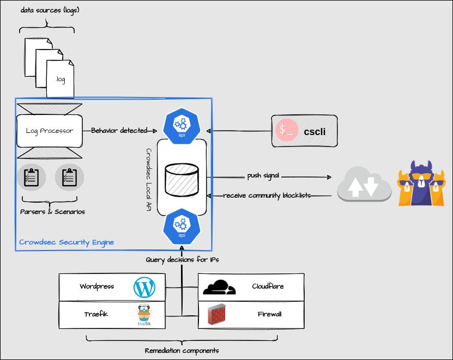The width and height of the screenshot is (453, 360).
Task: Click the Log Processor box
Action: tap(50, 131)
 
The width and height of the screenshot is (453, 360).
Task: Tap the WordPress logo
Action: tap(145, 287)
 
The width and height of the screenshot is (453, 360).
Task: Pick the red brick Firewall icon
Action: tap(217, 314)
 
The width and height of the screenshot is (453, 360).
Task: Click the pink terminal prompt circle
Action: tap(287, 131)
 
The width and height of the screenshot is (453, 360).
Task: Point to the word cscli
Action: tap(315, 131)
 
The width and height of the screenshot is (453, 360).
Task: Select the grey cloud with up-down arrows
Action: tap(364, 185)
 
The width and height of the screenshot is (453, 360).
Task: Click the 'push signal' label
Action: tap(263, 176)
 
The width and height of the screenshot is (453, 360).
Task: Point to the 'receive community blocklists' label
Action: tap(267, 196)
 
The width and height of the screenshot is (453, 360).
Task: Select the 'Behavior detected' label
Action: tap(119, 131)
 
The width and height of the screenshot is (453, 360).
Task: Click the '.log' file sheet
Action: tap(61, 80)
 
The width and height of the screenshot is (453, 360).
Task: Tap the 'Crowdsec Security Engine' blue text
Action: tap(67, 242)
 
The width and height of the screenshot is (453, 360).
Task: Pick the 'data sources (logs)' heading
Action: tap(50, 10)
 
